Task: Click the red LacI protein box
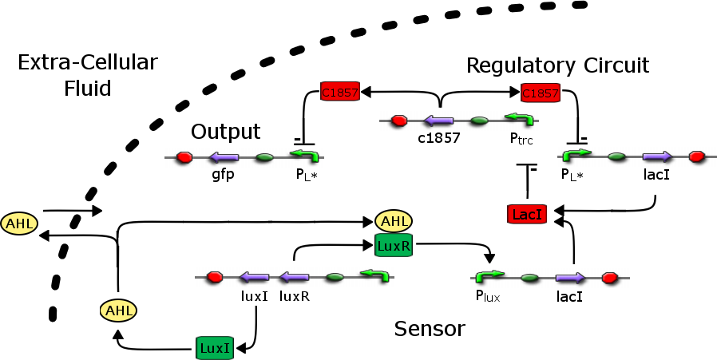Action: (527, 214)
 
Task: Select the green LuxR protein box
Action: (393, 246)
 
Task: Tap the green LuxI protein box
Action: (214, 347)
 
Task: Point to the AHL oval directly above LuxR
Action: (393, 221)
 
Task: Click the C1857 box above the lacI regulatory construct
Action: (540, 93)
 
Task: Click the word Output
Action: (226, 131)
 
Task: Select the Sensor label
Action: (430, 328)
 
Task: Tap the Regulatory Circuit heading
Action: (557, 65)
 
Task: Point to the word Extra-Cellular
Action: (88, 62)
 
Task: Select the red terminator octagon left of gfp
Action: (184, 157)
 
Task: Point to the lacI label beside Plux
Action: (568, 296)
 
